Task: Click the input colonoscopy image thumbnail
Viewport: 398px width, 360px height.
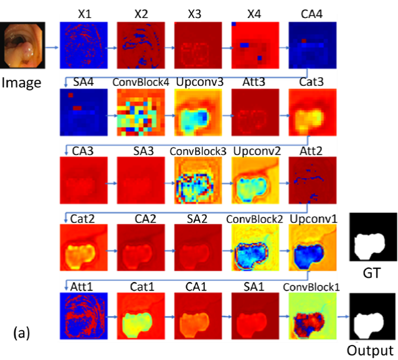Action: [x=22, y=45]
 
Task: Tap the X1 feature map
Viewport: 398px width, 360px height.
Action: [x=83, y=45]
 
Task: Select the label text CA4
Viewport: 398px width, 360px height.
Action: [x=311, y=14]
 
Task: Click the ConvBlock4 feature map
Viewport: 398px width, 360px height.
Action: [x=141, y=112]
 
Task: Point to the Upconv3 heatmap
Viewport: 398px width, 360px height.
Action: [x=198, y=112]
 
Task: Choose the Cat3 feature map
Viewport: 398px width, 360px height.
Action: [x=313, y=112]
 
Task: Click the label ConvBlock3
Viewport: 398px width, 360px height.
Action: [x=198, y=151]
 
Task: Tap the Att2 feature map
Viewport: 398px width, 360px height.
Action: [x=313, y=180]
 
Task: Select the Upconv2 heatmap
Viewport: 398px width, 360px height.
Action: [x=255, y=180]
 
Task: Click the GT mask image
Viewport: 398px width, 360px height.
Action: [x=373, y=237]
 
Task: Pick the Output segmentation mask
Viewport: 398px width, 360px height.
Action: [x=372, y=316]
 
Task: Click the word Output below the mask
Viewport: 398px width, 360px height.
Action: [x=370, y=351]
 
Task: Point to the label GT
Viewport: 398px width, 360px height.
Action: [x=372, y=273]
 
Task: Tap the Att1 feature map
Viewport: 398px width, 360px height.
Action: [x=83, y=316]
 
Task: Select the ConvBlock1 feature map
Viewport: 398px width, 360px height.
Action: [x=313, y=316]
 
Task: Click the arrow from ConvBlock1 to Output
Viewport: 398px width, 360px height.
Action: [x=343, y=316]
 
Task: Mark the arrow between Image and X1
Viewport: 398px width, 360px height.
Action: [x=52, y=47]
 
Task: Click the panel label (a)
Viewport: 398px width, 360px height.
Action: [x=22, y=333]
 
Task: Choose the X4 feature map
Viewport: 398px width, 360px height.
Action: [x=255, y=45]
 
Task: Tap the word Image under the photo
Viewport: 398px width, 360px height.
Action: [x=21, y=83]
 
